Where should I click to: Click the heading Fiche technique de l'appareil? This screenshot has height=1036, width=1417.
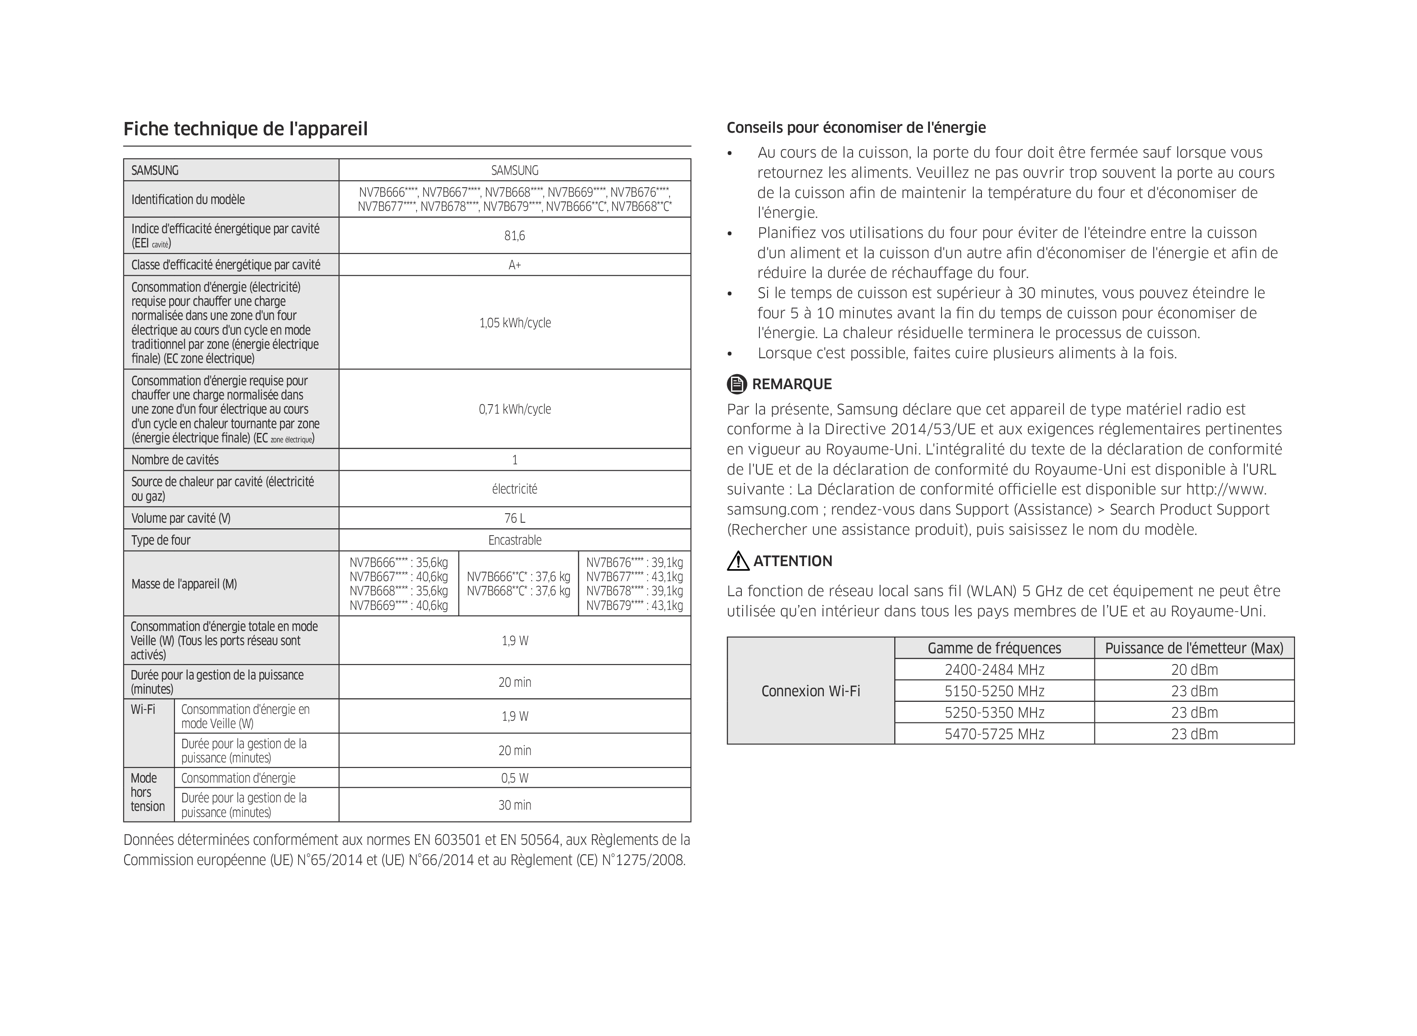(x=245, y=129)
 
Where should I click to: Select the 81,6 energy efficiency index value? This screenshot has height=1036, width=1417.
(x=514, y=236)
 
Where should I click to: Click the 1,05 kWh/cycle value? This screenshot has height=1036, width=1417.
(x=515, y=323)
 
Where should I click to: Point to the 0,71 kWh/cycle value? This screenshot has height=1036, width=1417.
(x=515, y=409)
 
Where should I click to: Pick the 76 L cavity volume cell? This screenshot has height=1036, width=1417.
(x=514, y=518)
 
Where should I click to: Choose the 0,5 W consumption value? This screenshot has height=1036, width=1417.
(x=514, y=778)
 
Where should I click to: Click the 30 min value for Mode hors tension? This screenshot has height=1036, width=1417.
(x=514, y=805)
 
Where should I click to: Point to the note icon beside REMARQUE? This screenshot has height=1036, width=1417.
(x=737, y=384)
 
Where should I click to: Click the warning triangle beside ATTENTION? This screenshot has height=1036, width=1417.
(x=738, y=561)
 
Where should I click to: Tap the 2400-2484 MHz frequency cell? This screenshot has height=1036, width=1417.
(x=994, y=670)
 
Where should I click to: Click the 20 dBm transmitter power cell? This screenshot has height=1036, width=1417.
(x=1194, y=670)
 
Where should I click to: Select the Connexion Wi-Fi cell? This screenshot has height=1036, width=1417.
(x=810, y=691)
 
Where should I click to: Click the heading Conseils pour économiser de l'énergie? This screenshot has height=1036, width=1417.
(x=856, y=128)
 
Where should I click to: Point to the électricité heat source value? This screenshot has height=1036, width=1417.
(x=514, y=489)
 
